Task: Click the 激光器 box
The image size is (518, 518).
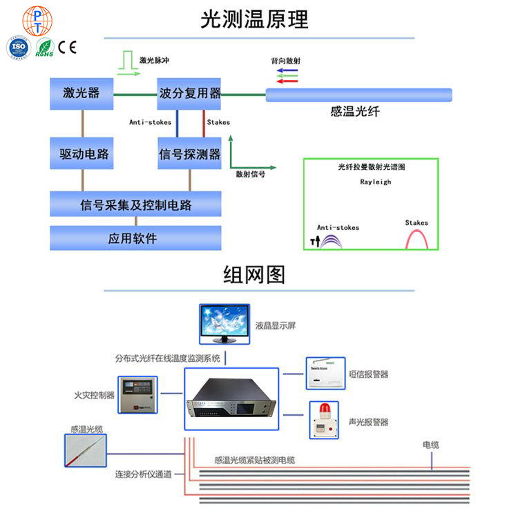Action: coord(81,93)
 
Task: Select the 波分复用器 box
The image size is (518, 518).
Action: coord(189,93)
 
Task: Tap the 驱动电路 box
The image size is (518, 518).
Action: coord(81,153)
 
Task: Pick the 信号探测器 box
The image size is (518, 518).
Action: coord(189,153)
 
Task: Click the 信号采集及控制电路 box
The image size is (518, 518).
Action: coord(135,204)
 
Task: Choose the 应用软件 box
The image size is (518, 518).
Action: coord(135,238)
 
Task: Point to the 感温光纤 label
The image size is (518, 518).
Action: coord(355,111)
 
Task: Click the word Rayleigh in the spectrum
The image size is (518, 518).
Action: coord(375,182)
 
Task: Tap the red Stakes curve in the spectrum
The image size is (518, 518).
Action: coord(416,238)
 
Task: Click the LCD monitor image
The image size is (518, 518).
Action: coord(224,323)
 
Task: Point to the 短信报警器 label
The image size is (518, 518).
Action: coord(368,374)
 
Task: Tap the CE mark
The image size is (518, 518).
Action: coord(67,48)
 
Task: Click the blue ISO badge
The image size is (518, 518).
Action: coord(18,47)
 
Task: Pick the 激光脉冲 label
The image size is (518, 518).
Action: coord(153,60)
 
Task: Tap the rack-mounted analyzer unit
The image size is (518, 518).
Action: coord(231,400)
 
